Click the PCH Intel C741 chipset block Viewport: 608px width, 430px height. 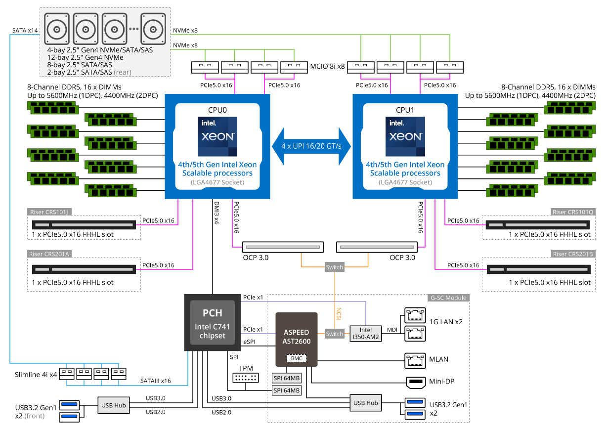pos(212,322)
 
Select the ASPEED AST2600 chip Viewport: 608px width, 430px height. pos(297,340)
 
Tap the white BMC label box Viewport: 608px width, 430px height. pos(297,358)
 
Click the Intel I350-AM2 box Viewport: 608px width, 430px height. pos(366,333)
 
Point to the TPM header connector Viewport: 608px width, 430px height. pos(245,378)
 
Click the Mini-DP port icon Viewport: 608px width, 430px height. pos(416,382)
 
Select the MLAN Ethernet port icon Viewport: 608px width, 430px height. pos(415,360)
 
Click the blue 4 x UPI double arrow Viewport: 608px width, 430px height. pos(311,146)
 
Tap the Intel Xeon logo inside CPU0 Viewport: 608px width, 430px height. pos(217,136)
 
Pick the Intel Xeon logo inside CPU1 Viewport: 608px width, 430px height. pos(405,136)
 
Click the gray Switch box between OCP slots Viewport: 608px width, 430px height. pos(334,267)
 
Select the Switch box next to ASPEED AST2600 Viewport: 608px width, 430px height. pos(334,334)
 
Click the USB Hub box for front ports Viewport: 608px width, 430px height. pos(114,405)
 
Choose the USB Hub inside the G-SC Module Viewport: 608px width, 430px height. pos(366,403)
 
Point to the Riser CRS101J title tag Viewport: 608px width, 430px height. pos(49,212)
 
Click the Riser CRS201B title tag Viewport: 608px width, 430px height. pos(573,254)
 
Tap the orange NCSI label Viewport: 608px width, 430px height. pos(339,314)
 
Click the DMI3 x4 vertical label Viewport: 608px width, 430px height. pos(217,213)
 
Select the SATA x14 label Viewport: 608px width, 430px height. pos(25,31)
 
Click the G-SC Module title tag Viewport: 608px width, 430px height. pos(448,298)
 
